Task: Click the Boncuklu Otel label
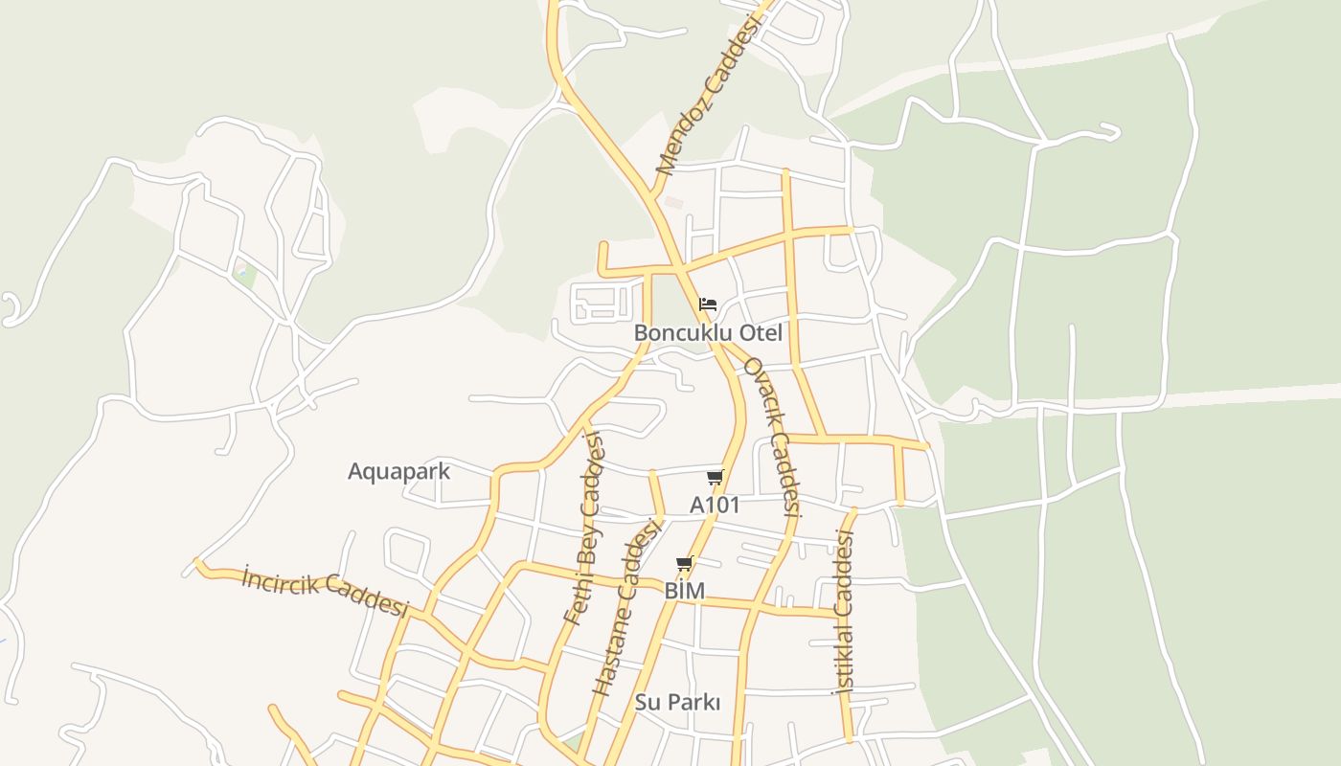[708, 333]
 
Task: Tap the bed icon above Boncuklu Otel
[708, 304]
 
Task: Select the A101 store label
[715, 505]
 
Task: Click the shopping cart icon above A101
[715, 477]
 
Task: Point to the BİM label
[684, 592]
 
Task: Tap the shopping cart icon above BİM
[684, 563]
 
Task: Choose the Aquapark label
[398, 471]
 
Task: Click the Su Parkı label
[677, 702]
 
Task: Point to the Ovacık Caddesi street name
[771, 437]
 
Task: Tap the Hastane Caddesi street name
[628, 607]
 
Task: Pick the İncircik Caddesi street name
[325, 591]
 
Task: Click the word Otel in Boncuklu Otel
[758, 333]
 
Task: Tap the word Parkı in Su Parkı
[693, 702]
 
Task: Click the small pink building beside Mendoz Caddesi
[673, 203]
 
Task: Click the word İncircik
[279, 581]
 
